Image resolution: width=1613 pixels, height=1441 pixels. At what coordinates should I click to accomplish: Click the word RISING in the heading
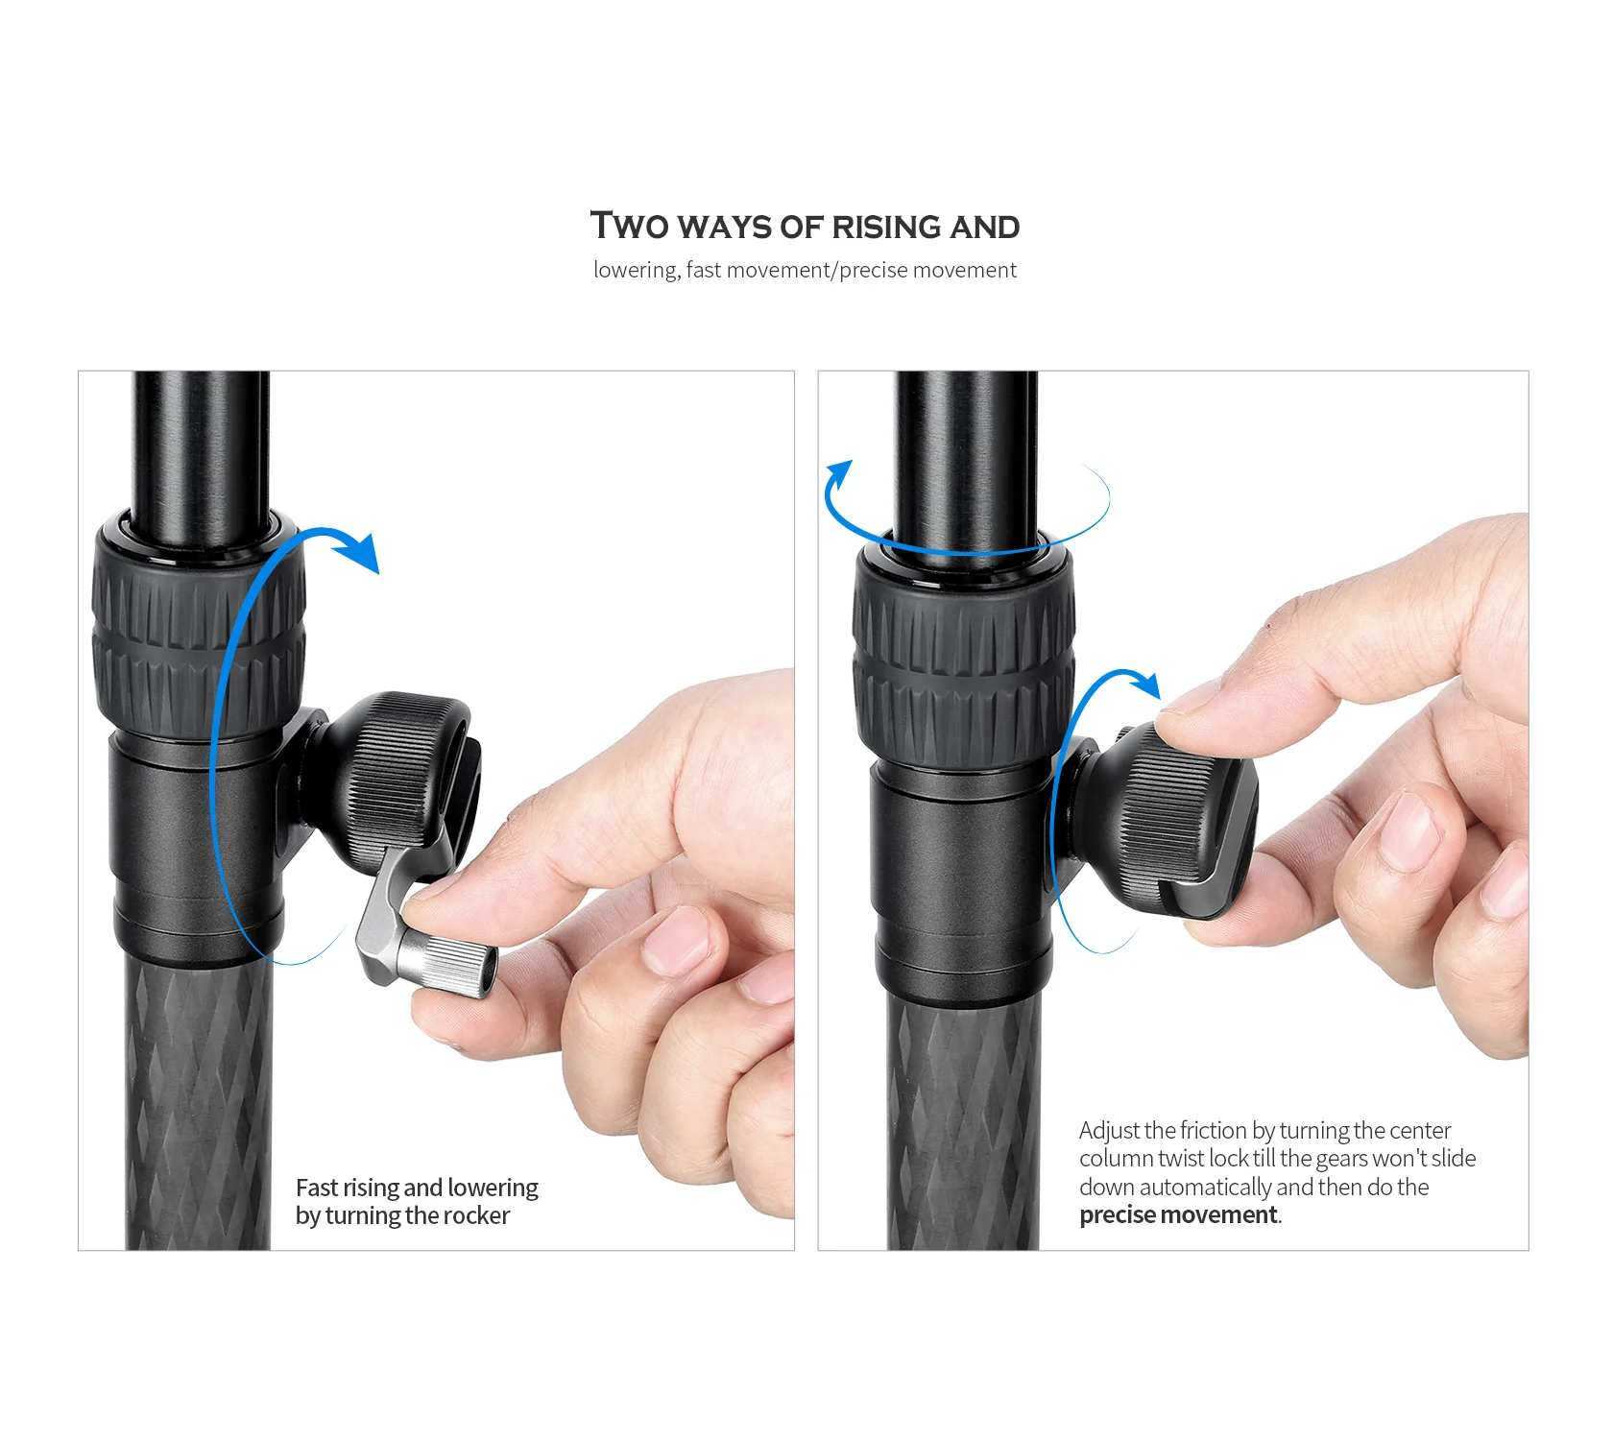point(885,227)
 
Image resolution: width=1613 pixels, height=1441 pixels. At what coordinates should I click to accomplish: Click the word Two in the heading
point(629,226)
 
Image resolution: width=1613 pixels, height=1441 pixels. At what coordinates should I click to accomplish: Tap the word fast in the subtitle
point(704,270)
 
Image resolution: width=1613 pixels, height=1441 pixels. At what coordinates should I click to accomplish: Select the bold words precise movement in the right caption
point(1178,1215)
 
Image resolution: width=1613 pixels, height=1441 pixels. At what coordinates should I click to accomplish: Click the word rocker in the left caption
point(477,1215)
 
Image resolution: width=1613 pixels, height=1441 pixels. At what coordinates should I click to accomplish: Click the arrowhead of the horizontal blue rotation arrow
point(840,474)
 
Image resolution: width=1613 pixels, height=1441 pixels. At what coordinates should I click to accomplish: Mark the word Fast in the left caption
point(317,1188)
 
